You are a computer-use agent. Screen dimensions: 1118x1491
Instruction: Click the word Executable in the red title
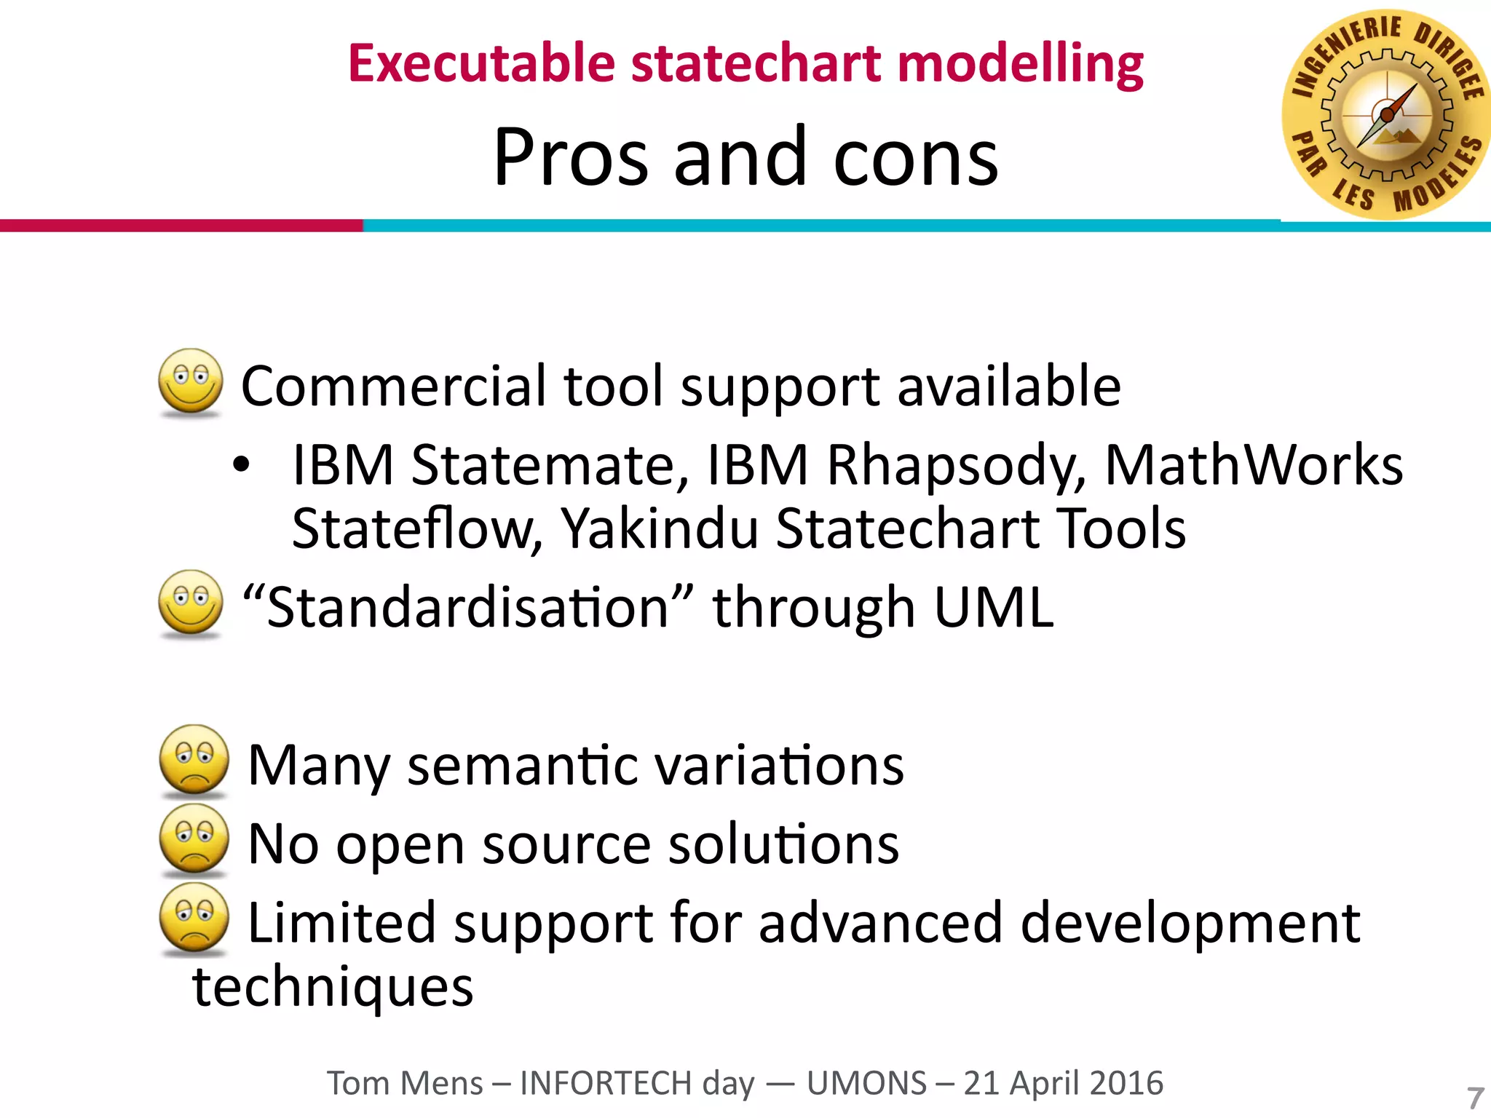click(x=481, y=63)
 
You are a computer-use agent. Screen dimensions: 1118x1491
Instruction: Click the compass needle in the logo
click(x=1388, y=114)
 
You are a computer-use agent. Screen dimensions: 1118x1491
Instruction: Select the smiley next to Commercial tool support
click(x=191, y=381)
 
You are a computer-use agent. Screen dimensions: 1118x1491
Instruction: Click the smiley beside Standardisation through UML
click(x=191, y=603)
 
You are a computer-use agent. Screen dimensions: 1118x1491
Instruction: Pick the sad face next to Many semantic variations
click(x=194, y=759)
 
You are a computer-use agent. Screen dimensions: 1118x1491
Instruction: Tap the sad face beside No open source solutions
click(x=194, y=838)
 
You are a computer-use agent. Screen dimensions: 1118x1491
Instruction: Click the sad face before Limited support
click(x=194, y=917)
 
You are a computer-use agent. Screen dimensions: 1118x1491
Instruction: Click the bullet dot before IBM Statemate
click(x=242, y=465)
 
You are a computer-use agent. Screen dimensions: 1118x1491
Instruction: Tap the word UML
click(x=993, y=608)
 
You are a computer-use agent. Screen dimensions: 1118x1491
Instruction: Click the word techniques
click(x=333, y=988)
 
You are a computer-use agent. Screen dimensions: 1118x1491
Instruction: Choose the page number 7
click(x=1475, y=1097)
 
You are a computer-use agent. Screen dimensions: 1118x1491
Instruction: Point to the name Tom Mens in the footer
click(x=404, y=1083)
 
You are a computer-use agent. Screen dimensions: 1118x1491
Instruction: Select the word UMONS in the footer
click(x=866, y=1083)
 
